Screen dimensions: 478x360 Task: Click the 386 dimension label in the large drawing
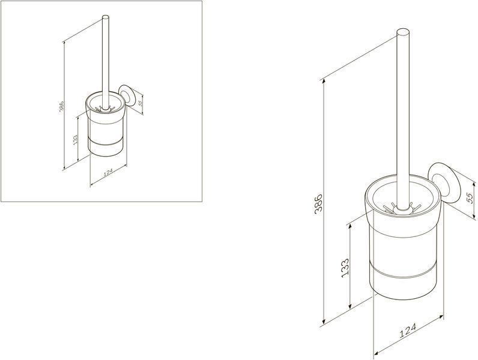coord(318,204)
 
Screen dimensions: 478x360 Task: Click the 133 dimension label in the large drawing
coord(345,268)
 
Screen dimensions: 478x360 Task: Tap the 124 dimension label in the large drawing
coord(408,331)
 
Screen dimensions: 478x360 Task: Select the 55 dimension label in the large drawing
coord(470,198)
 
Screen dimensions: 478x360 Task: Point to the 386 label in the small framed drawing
coord(61,106)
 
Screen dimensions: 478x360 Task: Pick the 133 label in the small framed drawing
coord(75,140)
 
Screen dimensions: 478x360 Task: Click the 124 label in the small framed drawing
coord(108,172)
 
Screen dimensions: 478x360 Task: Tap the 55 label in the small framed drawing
coord(141,103)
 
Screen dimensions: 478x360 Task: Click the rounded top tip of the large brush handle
coord(403,31)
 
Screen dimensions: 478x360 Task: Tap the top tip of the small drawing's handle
coord(105,16)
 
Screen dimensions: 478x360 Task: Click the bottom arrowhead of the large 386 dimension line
coord(324,322)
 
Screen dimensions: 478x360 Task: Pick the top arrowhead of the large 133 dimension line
coord(350,226)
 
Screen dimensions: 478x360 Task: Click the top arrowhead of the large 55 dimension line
coord(473,184)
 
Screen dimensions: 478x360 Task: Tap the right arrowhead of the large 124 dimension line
coord(441,317)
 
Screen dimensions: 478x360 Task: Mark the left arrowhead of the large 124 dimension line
coord(377,353)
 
